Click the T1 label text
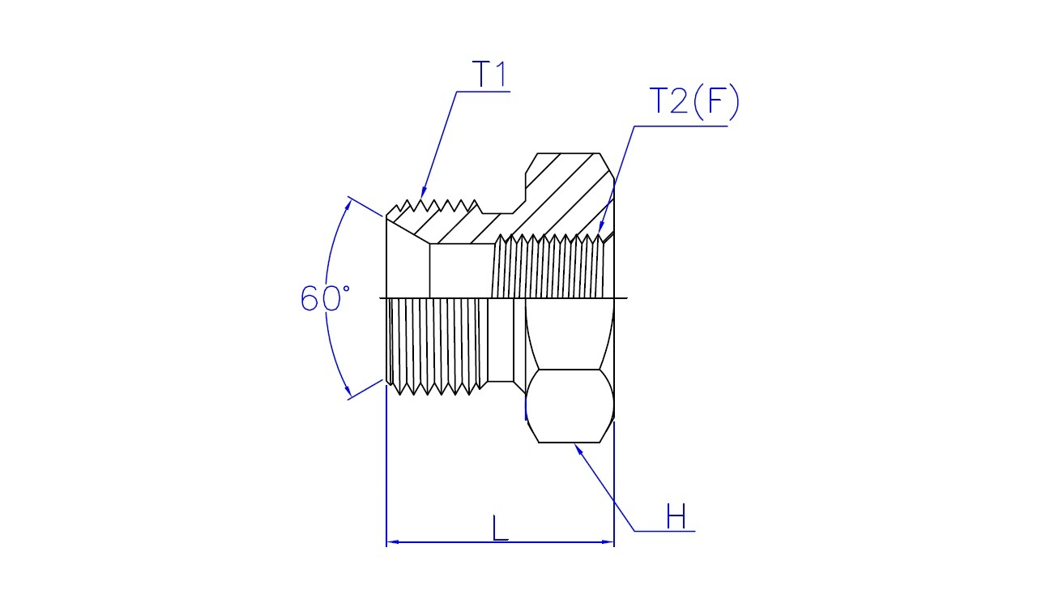coord(489,74)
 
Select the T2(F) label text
coord(694,101)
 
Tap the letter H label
coord(676,516)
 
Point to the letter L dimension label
coord(500,528)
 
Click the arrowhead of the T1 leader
coord(423,193)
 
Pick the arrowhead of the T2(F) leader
coord(600,227)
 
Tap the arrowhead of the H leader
coord(578,449)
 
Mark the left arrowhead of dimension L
coord(393,542)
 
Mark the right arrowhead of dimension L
coord(608,542)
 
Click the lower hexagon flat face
coord(570,406)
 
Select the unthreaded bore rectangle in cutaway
coord(461,271)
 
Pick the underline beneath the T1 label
coord(483,92)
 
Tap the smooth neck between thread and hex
coord(501,340)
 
